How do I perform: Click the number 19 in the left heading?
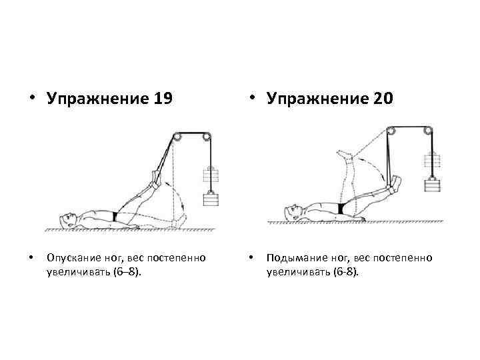162,99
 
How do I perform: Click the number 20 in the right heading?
382,99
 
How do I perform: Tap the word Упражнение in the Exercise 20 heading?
318,99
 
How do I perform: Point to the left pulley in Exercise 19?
177,137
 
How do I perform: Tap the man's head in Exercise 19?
65,218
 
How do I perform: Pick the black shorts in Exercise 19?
116,217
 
